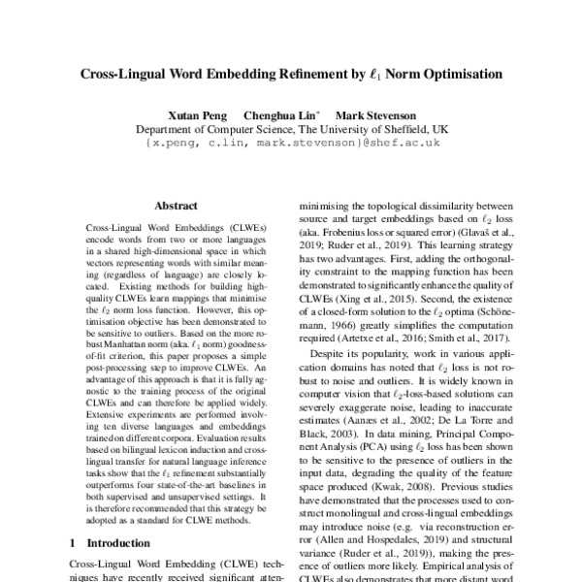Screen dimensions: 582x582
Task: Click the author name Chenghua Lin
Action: tap(282, 113)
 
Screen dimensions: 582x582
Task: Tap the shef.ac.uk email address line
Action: tap(292, 142)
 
